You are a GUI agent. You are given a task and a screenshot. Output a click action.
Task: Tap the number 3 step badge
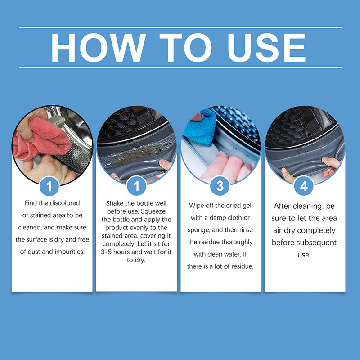tap(220, 186)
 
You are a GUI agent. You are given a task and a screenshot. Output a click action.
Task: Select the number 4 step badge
tap(304, 186)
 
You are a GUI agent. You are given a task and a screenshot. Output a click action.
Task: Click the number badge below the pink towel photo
tap(52, 186)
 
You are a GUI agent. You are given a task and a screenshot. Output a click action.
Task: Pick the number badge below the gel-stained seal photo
tap(136, 186)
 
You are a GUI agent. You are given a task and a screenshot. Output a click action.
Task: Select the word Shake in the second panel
tap(114, 203)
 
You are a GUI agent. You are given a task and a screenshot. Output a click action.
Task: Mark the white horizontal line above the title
tap(180, 27)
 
